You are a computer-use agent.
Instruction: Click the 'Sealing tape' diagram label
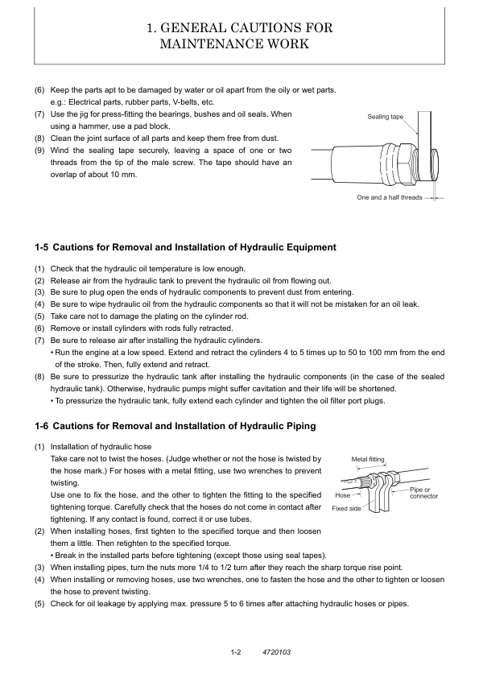(385, 117)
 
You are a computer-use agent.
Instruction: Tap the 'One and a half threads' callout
(390, 197)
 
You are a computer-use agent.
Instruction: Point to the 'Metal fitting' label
(368, 459)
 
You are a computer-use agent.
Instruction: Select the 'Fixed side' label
(346, 509)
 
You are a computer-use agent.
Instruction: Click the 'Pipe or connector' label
(423, 493)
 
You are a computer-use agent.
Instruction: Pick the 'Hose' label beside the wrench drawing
(343, 495)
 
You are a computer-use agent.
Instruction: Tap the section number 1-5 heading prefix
(42, 247)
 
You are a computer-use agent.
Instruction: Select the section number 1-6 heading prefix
(42, 426)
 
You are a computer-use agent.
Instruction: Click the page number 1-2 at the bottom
(236, 651)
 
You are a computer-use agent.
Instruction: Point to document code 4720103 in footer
(277, 651)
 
